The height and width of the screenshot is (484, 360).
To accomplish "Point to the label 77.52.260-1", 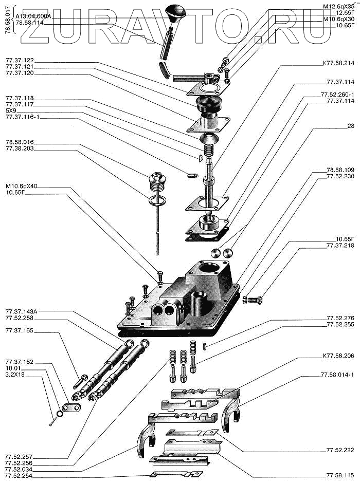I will coord(340,95).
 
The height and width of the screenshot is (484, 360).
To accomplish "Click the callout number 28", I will coord(350,126).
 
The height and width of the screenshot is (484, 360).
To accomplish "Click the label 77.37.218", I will coord(340,246).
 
